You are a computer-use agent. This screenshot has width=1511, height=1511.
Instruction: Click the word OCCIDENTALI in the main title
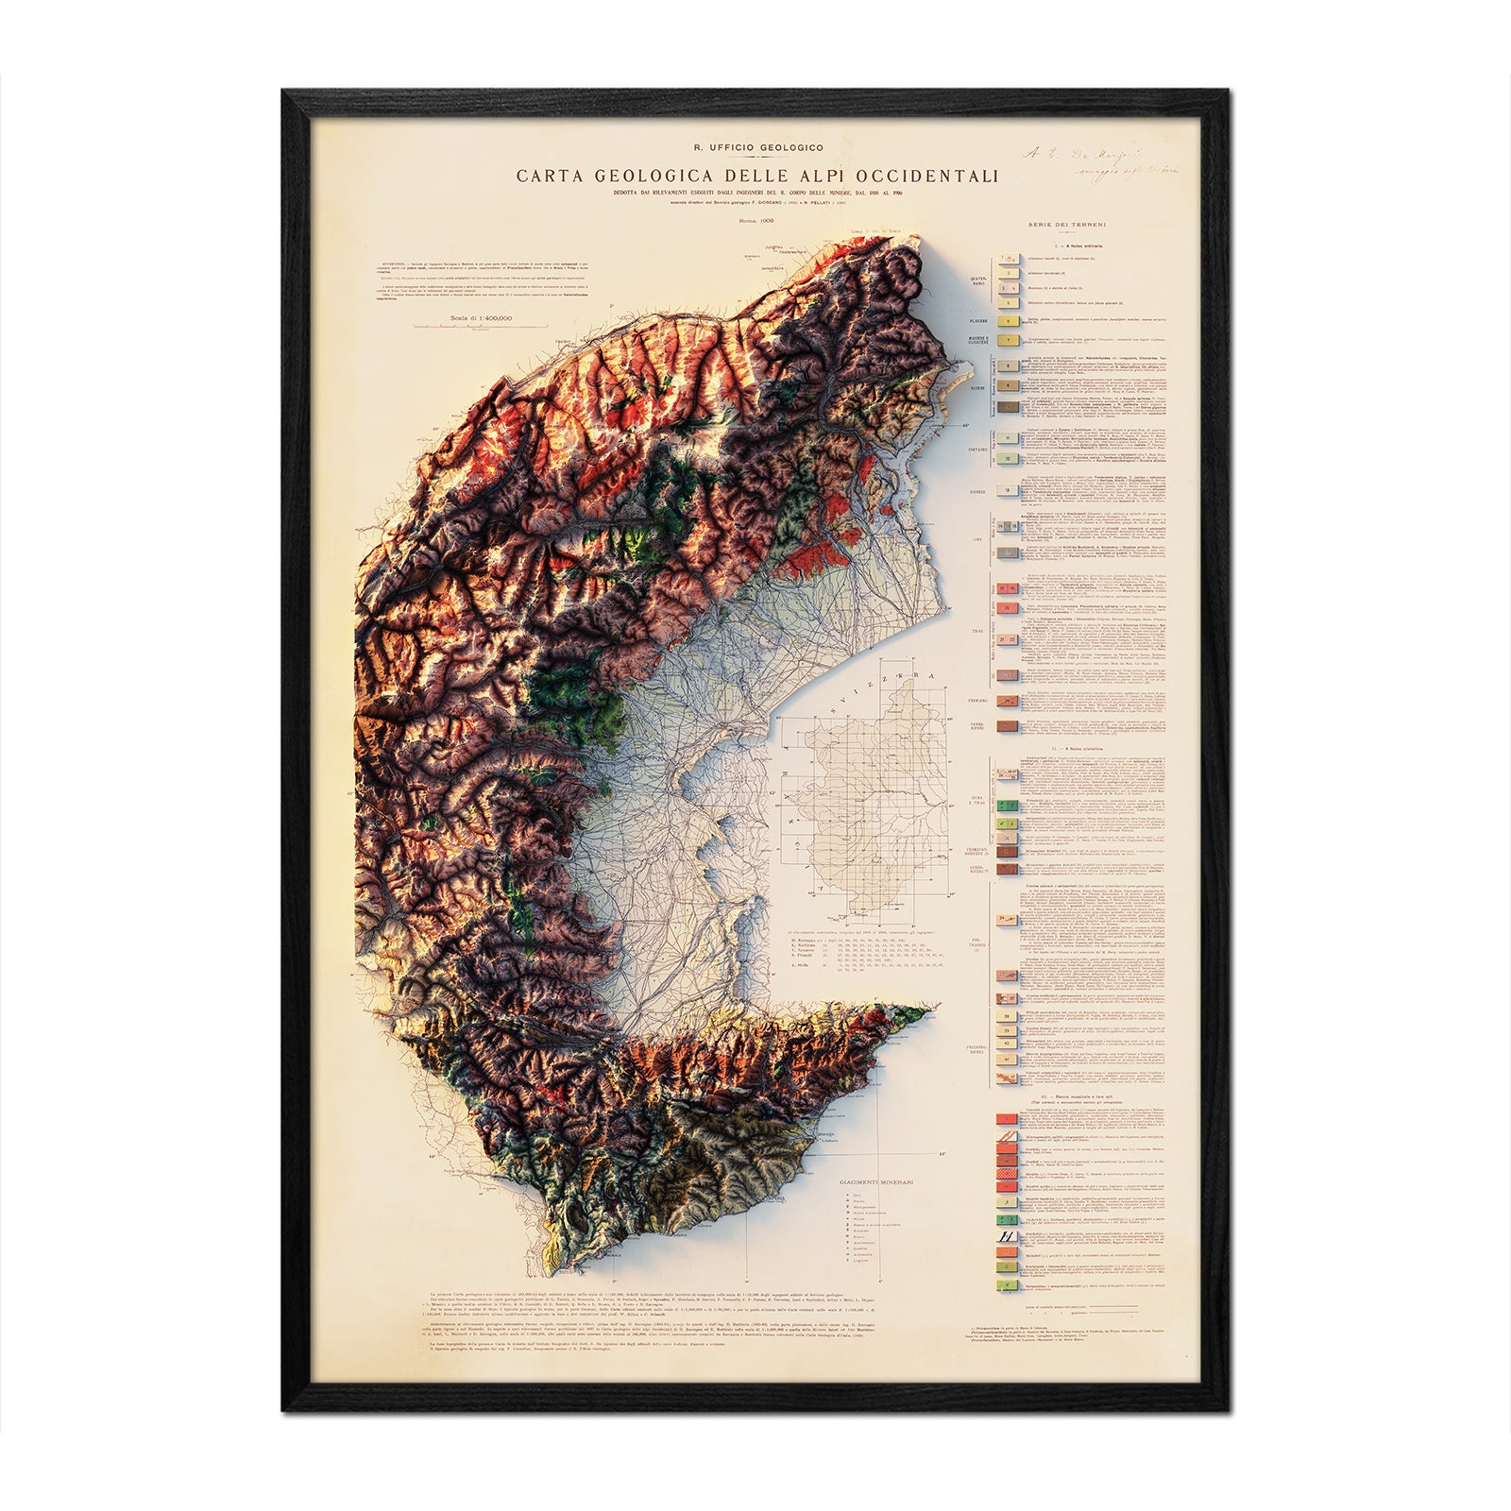926,176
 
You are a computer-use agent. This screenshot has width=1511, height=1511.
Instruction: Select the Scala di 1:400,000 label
482,318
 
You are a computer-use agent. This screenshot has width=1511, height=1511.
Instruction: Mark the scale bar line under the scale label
482,327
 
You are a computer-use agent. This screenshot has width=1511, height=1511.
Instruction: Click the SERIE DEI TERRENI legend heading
1067,225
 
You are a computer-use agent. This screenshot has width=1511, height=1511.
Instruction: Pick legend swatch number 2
1008,273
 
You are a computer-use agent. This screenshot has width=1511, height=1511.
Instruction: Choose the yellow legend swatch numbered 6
1008,321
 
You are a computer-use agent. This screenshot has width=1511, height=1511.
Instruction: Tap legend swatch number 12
1008,458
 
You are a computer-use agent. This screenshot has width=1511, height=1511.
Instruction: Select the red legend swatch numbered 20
1008,608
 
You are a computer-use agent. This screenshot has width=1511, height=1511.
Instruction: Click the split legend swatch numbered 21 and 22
1008,640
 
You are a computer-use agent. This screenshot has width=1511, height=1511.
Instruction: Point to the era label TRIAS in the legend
979,628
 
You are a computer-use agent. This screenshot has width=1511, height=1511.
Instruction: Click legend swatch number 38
1008,1016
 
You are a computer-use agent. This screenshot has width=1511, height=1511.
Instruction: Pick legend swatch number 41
1008,1059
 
